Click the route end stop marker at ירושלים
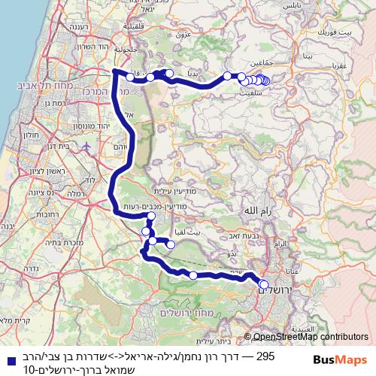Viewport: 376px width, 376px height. pyautogui.click(x=264, y=284)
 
